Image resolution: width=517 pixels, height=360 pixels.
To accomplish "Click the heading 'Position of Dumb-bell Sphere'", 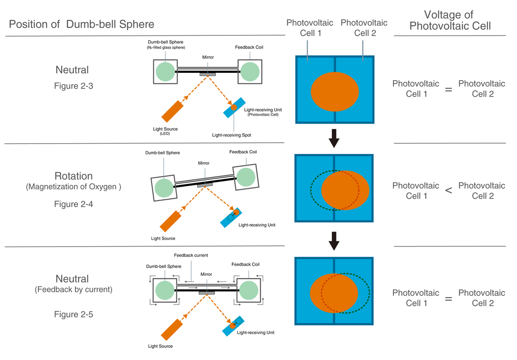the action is click(81, 24).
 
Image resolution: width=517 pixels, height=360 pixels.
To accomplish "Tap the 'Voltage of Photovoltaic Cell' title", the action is click(450, 20).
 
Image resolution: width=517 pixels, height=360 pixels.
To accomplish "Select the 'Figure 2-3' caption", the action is click(73, 86).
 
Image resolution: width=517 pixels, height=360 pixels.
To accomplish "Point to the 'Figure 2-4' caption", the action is click(73, 204).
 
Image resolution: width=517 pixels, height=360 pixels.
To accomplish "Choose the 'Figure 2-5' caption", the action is click(73, 314).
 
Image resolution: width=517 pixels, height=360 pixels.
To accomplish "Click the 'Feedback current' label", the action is click(191, 255).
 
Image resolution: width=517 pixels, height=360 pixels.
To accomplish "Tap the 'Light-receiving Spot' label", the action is click(231, 135).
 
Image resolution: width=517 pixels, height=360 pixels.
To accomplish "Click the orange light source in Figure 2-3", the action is click(172, 111).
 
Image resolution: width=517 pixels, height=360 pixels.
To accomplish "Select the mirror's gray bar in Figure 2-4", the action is click(205, 185).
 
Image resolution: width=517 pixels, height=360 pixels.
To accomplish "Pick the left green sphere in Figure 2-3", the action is click(165, 72).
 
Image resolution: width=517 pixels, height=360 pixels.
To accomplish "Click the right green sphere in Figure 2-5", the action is click(249, 290).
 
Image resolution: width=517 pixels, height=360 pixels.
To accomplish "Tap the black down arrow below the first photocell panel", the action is click(334, 138).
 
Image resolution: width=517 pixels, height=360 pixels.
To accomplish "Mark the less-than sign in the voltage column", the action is click(448, 191).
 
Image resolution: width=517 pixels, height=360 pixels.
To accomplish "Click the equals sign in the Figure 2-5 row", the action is click(448, 299).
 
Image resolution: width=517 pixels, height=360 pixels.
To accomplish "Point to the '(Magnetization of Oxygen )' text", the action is click(73, 187).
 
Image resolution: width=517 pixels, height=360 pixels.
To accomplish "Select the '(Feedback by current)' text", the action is click(73, 289).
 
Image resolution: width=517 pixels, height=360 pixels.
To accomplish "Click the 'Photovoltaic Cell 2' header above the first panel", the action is click(364, 28).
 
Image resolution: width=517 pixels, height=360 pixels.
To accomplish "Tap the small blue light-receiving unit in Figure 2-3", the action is click(234, 108).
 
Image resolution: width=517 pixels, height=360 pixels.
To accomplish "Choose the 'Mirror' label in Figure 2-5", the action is click(206, 274).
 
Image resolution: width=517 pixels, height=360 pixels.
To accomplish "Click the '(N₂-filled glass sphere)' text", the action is click(166, 47).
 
